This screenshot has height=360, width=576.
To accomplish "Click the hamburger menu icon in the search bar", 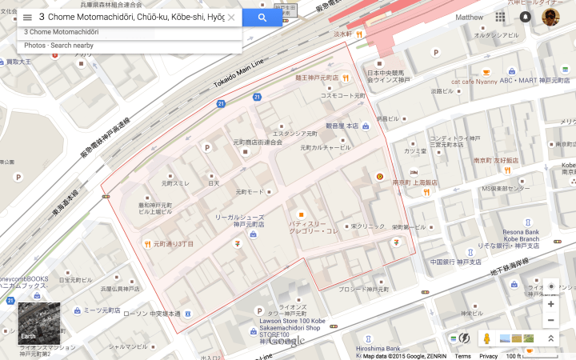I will pos(27,17).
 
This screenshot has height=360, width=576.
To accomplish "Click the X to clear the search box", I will pos(231,17).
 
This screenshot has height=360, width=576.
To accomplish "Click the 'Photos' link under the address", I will pos(35,46).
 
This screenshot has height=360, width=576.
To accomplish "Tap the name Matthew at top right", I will pos(469,17).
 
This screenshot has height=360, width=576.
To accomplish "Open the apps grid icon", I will pos(500,17).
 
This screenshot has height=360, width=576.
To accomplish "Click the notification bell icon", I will pos(525,17).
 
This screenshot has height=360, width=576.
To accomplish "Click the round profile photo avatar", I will pos(550,17).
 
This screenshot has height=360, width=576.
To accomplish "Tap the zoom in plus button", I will pos(550,304).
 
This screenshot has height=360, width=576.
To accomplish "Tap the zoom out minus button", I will pos(550,320).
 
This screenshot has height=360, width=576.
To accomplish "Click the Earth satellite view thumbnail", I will pos(38,322).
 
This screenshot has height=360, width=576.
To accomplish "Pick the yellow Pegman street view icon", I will pos(486,338).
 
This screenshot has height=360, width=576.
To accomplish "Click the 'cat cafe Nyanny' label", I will pos(474,81).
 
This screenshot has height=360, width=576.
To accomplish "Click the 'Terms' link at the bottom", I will pos(462,356).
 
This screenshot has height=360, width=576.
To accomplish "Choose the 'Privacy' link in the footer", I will pos(488,356).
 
